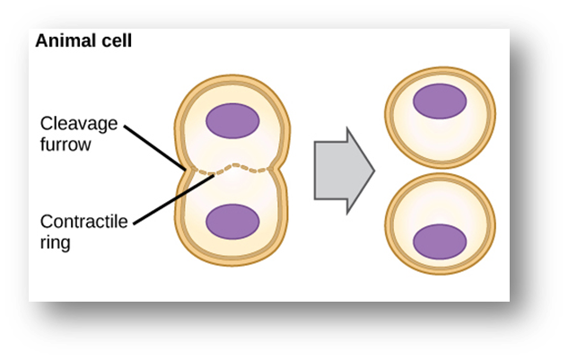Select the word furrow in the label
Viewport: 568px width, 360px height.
[66, 144]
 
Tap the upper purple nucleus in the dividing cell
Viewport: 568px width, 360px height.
[232, 119]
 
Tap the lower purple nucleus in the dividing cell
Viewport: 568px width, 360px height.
[232, 220]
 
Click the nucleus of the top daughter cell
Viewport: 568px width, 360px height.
[440, 101]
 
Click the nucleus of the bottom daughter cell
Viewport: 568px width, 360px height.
[440, 241]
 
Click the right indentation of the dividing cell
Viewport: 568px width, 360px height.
[281, 169]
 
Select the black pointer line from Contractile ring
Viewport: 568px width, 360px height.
[170, 197]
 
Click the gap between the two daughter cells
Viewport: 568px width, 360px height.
[440, 171]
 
